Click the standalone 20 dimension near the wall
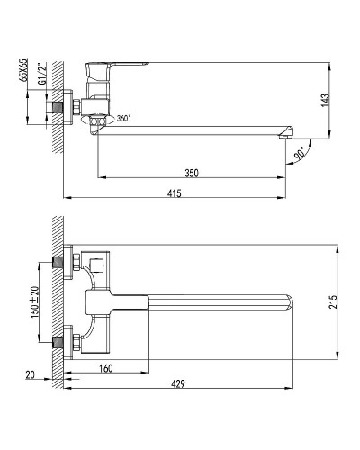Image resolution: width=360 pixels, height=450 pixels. point(31,374)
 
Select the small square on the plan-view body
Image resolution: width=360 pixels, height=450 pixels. point(98,264)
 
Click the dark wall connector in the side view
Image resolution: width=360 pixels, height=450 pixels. point(60,107)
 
